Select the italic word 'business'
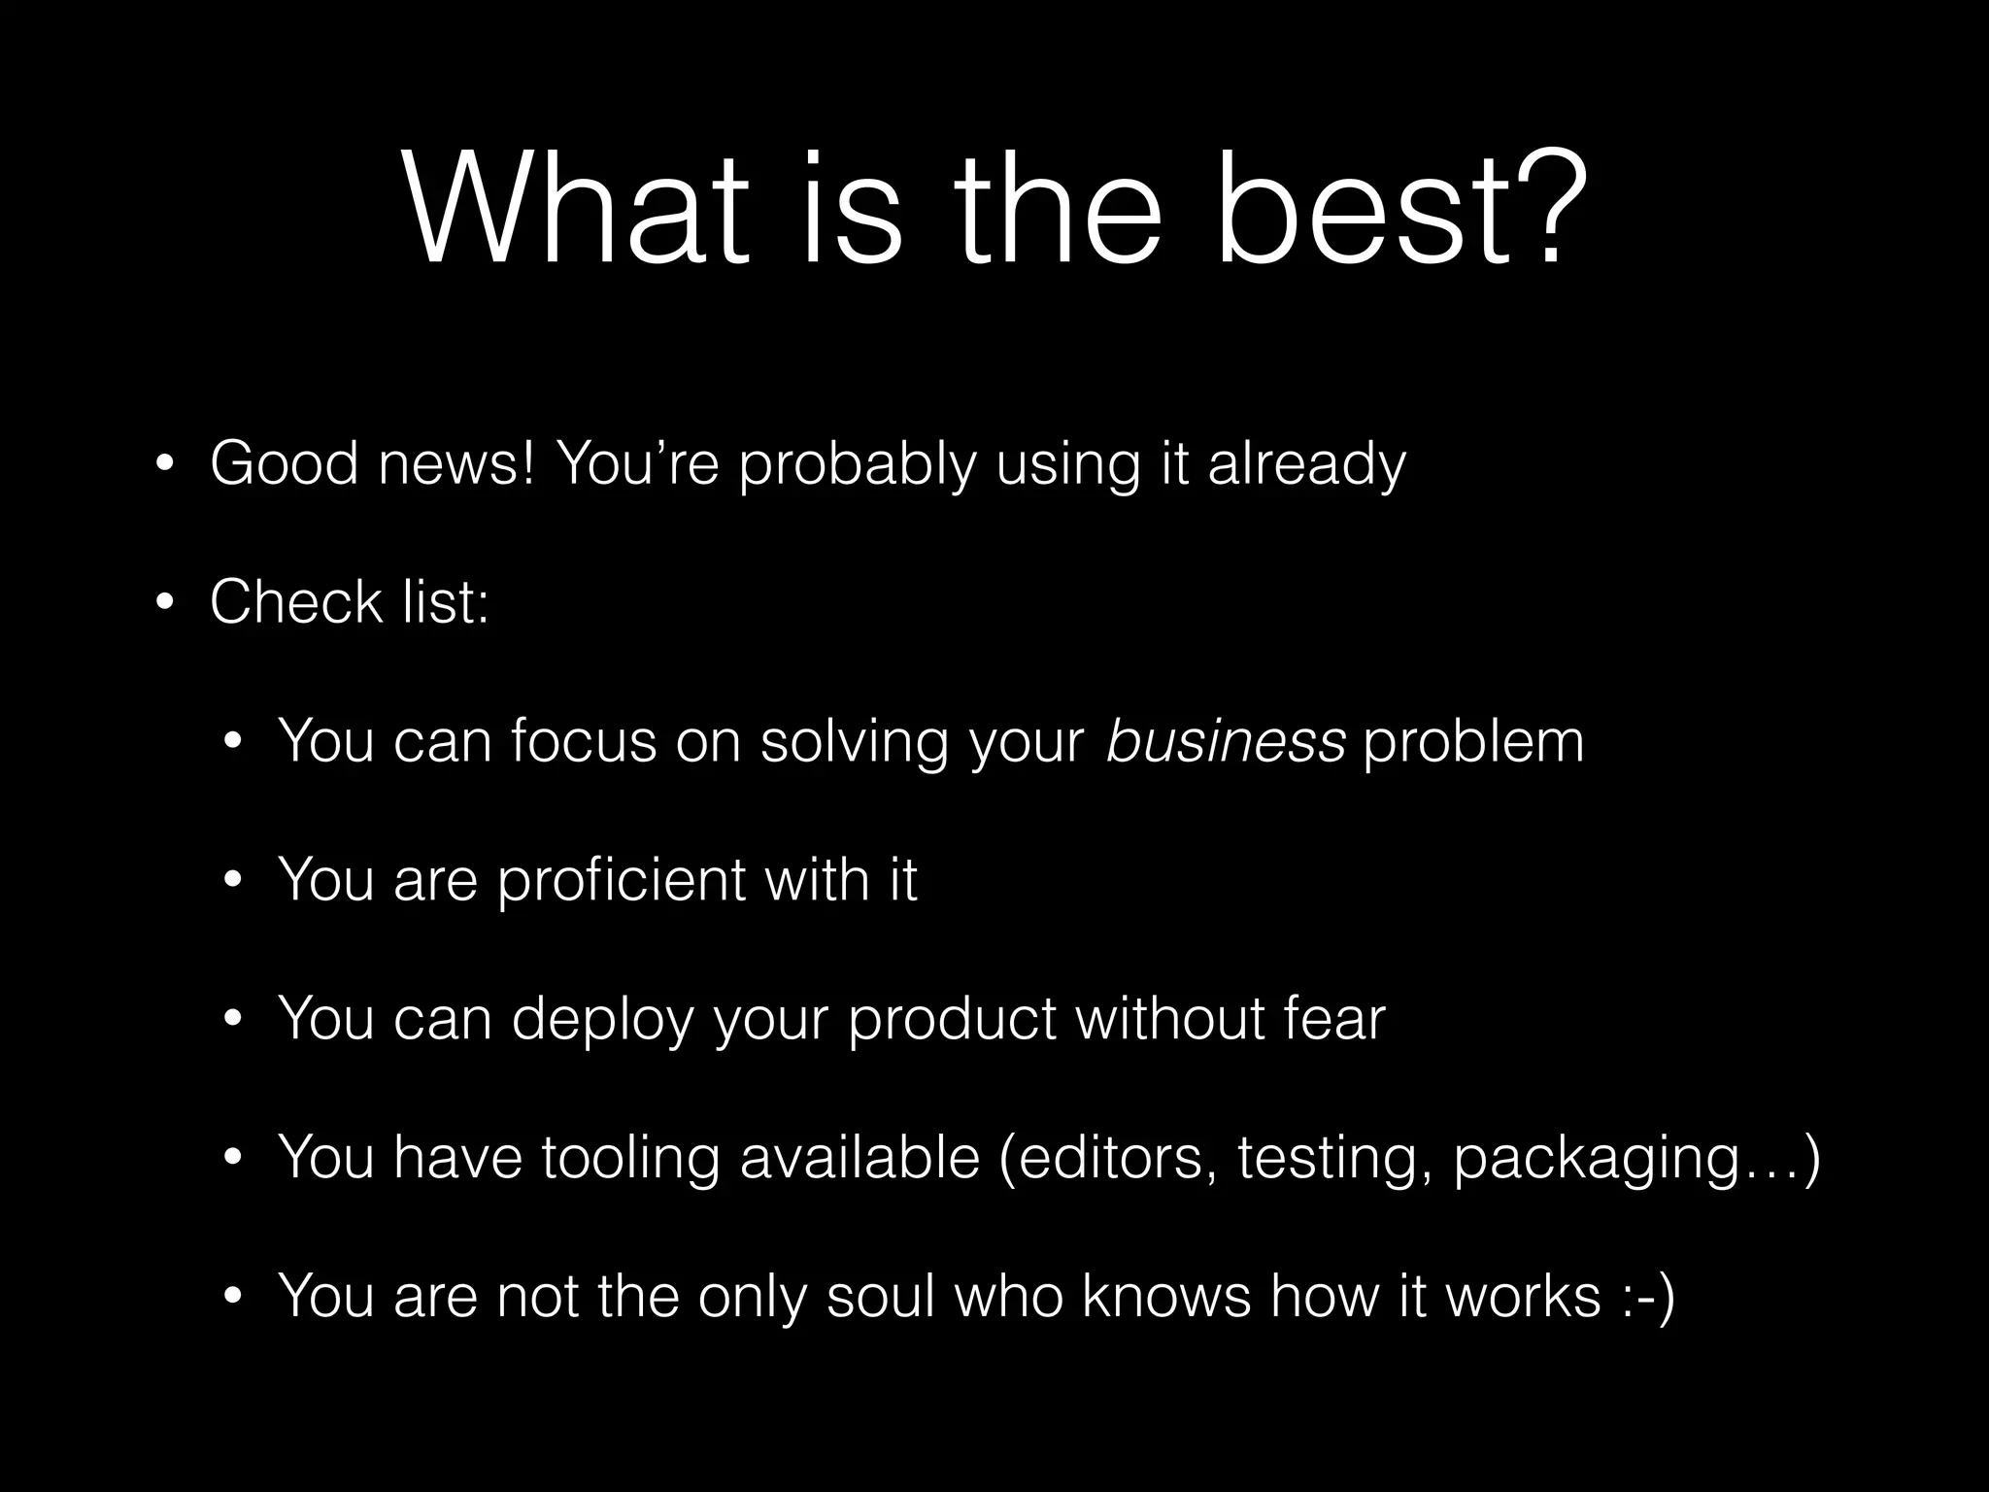(1226, 741)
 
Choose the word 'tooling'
(629, 1159)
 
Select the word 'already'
(1306, 465)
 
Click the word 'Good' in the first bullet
(284, 463)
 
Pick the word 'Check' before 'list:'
(296, 602)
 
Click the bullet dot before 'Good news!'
(164, 464)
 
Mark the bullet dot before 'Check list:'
(164, 603)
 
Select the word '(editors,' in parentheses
(1107, 1159)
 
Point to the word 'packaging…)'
(1636, 1159)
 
